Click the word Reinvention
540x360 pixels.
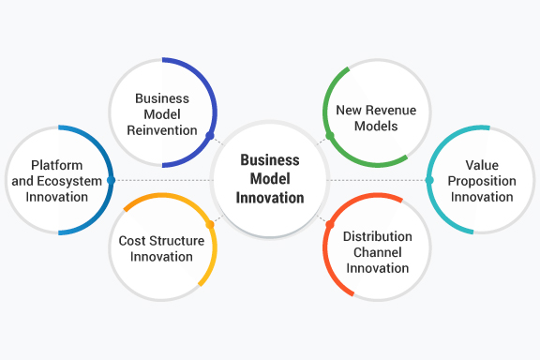coord(162,129)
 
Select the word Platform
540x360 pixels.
coord(57,165)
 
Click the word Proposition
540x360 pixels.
coord(481,181)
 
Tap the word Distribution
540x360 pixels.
coord(376,236)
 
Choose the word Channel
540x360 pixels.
coord(376,252)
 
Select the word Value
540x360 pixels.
coord(481,165)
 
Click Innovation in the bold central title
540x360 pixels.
coord(270,197)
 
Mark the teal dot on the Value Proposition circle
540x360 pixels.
coord(429,179)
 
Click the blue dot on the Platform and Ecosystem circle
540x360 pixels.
coord(111,179)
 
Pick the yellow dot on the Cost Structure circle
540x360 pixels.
coord(211,224)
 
